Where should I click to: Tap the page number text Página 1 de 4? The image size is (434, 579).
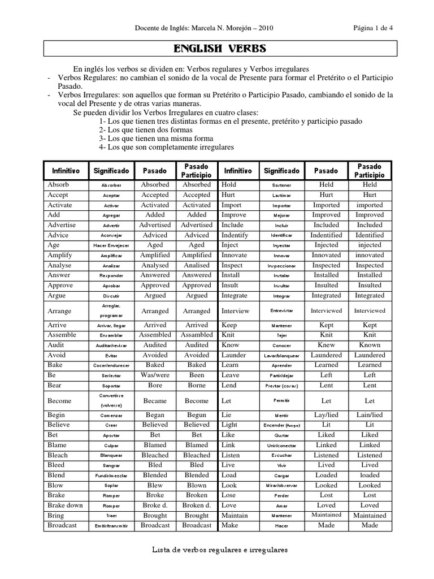tap(374, 28)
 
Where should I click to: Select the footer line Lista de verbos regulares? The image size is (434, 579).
tap(221, 549)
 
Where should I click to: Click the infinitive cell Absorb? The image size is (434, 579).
tap(58, 185)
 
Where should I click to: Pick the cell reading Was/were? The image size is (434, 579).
tap(154, 375)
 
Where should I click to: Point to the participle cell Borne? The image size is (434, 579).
tap(197, 385)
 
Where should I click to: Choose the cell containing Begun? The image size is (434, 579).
tap(197, 414)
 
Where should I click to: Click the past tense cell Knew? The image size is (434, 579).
tap(326, 345)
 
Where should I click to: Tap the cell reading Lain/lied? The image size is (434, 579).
tap(370, 414)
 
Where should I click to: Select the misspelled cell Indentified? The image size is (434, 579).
tap(326, 235)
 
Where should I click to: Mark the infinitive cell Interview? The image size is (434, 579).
tap(236, 310)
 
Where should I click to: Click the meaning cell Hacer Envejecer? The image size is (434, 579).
tap(111, 245)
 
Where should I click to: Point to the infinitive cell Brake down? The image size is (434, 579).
tap(65, 505)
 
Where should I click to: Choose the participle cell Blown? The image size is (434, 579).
tap(197, 485)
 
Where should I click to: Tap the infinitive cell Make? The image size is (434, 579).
tap(229, 525)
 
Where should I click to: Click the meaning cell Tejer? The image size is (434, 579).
tap(281, 335)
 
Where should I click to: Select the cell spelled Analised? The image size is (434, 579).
tap(197, 265)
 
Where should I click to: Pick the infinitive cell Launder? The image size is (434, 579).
tap(234, 355)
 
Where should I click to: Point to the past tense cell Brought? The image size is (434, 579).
tap(154, 516)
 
